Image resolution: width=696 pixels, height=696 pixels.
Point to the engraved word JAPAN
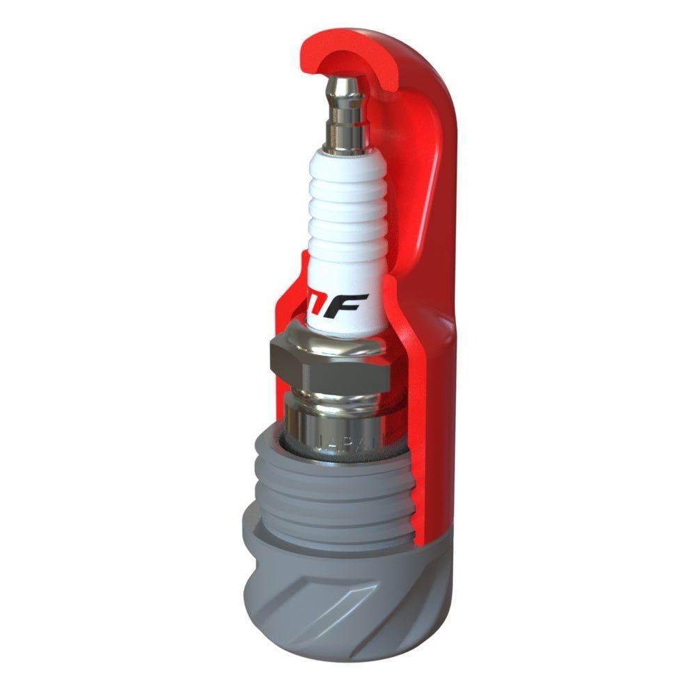(x=346, y=443)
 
